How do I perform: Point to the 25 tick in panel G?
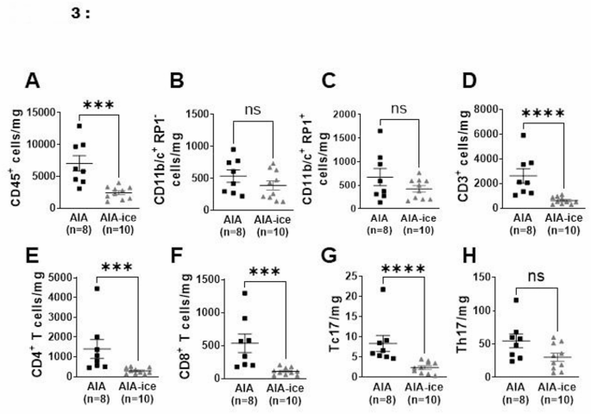[345, 277]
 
